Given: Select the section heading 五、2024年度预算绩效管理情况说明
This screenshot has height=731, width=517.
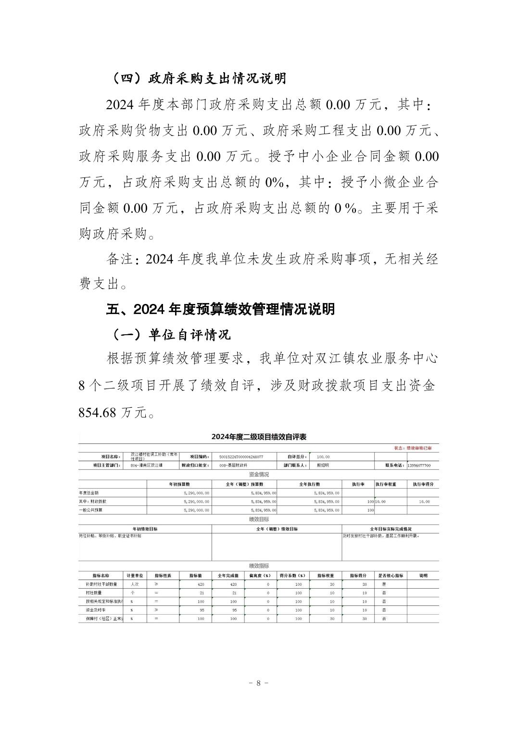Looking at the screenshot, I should click(x=220, y=309).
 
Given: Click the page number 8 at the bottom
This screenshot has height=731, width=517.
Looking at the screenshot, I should click(x=258, y=683).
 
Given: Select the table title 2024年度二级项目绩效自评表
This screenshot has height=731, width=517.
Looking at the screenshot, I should click(x=259, y=437).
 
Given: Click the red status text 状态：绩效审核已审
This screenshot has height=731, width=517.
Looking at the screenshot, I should click(x=413, y=448).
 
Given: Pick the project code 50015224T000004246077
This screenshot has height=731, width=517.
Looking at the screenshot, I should click(x=240, y=456).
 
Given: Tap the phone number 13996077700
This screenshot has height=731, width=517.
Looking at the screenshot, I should click(x=418, y=466).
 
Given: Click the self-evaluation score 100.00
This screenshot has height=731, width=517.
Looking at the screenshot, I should click(x=323, y=456).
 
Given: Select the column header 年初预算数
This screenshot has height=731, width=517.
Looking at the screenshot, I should click(x=179, y=484).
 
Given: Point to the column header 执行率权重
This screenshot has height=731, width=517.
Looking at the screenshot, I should click(x=386, y=484).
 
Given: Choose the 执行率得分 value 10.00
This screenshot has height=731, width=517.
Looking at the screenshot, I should click(x=424, y=502).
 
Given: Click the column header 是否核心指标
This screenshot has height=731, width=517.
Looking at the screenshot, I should click(x=391, y=575).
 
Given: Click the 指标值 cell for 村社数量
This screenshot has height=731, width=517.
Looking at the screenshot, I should click(x=201, y=593).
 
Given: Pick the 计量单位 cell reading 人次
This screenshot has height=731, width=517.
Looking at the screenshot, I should click(x=134, y=584).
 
